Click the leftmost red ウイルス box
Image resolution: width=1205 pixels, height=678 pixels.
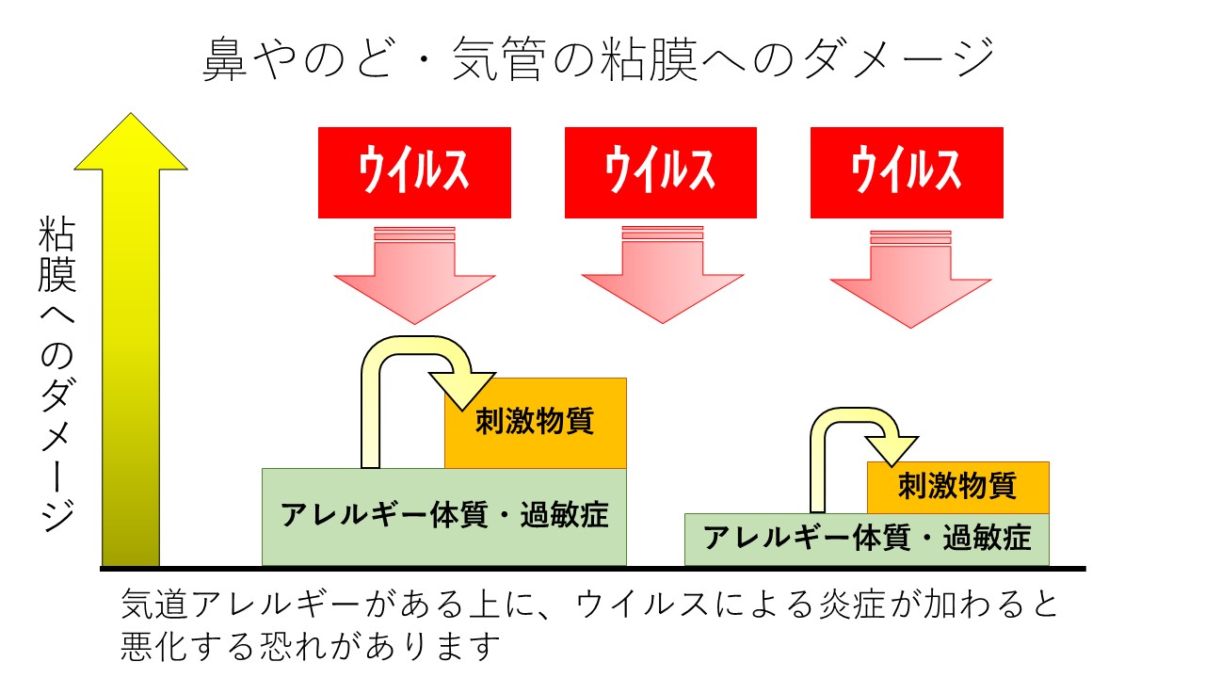click(414, 172)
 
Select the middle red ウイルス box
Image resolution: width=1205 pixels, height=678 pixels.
click(660, 172)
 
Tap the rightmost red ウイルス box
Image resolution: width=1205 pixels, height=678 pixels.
click(907, 172)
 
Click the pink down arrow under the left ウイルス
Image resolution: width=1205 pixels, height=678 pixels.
click(414, 278)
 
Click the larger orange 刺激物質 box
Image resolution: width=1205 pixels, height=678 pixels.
click(535, 422)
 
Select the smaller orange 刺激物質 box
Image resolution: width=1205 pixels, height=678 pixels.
click(957, 487)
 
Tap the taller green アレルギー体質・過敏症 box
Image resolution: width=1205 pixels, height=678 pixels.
click(443, 516)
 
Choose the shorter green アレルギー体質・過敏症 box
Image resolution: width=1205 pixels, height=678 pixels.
click(866, 539)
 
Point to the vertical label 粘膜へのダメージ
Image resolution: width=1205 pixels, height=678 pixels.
click(57, 377)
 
